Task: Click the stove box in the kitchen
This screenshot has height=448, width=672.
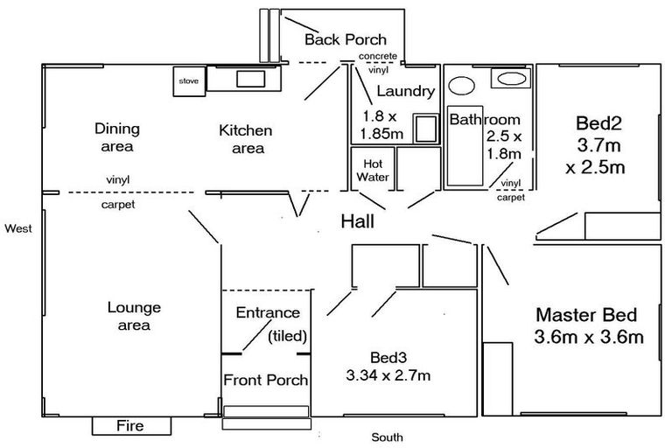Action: (x=189, y=80)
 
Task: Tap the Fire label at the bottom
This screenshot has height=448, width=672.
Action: (x=129, y=426)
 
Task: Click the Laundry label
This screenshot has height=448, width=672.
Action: (x=405, y=91)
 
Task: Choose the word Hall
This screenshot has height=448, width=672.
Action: (x=357, y=222)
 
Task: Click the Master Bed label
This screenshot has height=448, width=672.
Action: (x=586, y=315)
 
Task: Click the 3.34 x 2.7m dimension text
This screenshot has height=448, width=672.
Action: (x=388, y=376)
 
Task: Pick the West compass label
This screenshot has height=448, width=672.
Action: (x=17, y=228)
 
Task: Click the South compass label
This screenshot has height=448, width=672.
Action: (x=386, y=437)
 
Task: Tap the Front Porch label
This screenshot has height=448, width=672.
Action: (x=265, y=380)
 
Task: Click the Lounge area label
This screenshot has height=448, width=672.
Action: (x=134, y=317)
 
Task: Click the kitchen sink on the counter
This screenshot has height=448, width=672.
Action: (x=251, y=79)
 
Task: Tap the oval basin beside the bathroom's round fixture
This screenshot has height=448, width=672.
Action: (x=509, y=79)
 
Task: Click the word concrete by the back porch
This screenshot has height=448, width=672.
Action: (x=378, y=56)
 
